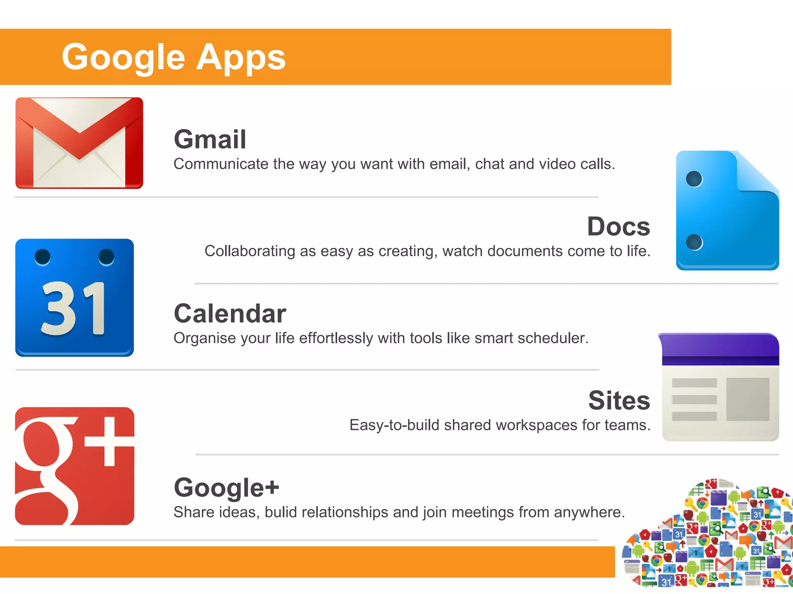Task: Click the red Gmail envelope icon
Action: coord(79,143)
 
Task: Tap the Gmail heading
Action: coord(210,139)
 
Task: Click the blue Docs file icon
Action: coord(727,211)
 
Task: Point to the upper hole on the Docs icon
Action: coord(694,179)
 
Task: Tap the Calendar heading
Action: coord(230,313)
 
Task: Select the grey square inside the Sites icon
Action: coord(748,399)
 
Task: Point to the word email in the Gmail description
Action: coord(449,164)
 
